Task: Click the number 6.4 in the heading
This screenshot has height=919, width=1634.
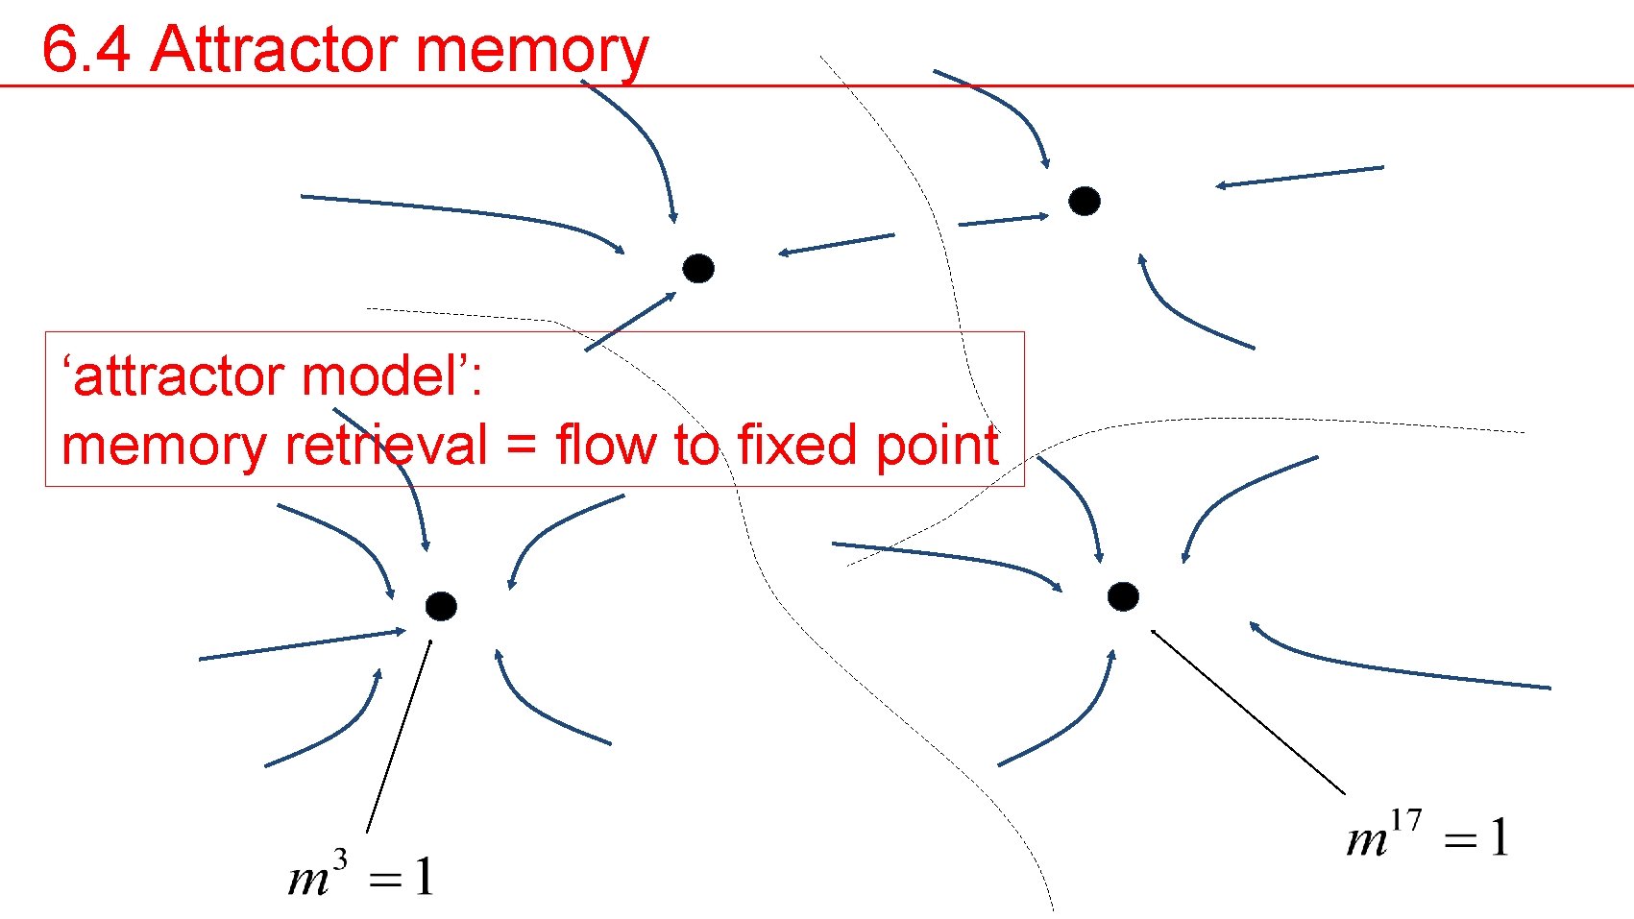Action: [85, 49]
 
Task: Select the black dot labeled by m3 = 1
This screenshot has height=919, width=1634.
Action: [441, 606]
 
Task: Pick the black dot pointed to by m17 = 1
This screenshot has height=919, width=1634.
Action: [1123, 596]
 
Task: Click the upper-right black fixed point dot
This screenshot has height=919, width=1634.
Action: [1085, 201]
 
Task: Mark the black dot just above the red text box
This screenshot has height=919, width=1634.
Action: [698, 268]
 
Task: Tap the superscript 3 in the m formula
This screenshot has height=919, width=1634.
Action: [339, 858]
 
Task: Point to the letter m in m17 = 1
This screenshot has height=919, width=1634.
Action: [1368, 841]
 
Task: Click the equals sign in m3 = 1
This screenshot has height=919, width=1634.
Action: [385, 880]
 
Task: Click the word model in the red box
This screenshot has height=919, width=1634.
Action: [357, 375]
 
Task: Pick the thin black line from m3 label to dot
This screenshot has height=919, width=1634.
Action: [399, 735]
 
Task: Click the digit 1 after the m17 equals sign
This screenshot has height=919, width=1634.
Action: [1499, 838]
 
